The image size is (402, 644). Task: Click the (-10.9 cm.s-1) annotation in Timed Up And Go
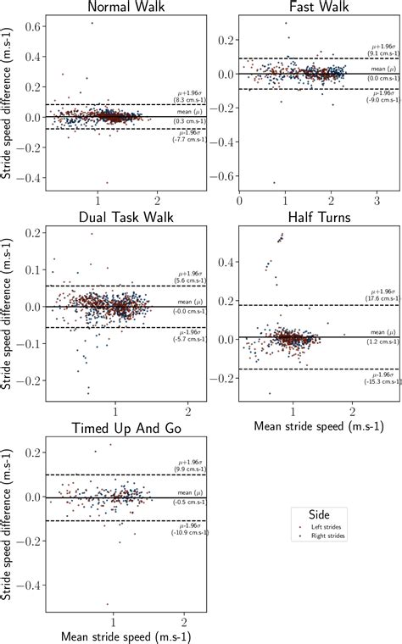(188, 532)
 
